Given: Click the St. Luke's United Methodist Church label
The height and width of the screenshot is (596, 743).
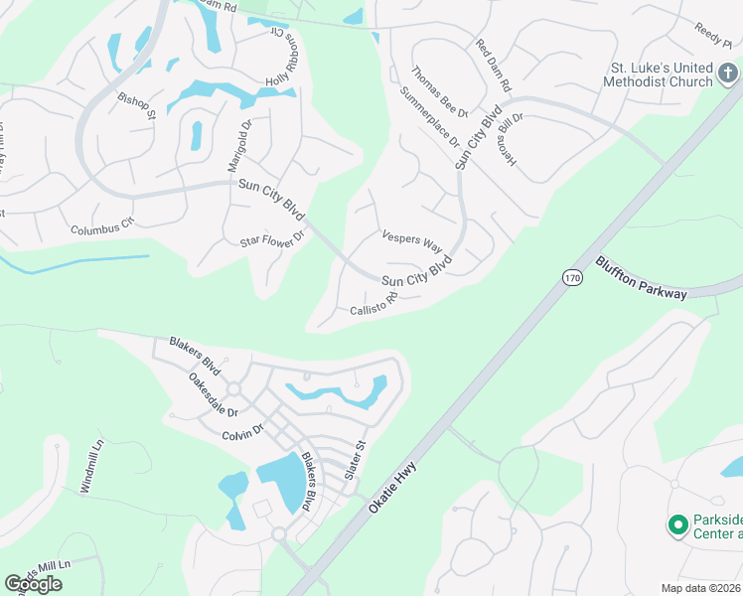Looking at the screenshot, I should point(660,74).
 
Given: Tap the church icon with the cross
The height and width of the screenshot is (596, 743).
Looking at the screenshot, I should point(727,73).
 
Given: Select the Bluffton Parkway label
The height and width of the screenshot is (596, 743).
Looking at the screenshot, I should point(642,278).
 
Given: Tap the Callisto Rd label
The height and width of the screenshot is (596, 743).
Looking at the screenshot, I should point(373,305).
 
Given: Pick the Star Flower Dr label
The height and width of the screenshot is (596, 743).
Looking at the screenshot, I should point(270,238).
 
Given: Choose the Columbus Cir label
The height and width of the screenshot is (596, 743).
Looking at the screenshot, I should point(101,227).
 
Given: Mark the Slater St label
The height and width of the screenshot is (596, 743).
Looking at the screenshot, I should point(355,461).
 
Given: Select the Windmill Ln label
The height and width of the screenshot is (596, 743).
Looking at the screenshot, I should point(90,468).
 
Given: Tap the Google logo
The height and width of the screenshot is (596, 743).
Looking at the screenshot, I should point(33,584).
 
